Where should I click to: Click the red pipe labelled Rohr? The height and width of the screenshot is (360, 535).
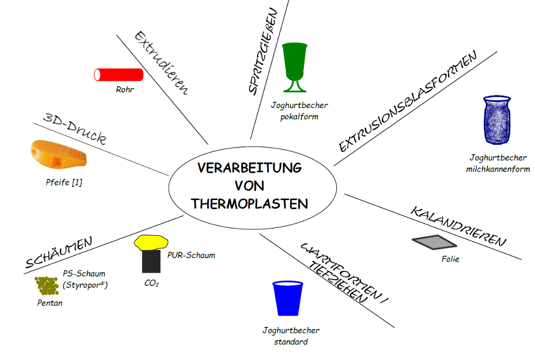[119, 75]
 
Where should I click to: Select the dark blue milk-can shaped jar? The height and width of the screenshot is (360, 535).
[497, 120]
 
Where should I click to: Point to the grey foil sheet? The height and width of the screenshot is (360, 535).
[435, 242]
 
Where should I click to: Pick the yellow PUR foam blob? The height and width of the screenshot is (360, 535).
[151, 242]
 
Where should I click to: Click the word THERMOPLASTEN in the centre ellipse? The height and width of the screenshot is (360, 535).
[250, 204]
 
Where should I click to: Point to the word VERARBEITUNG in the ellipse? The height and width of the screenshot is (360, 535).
[250, 168]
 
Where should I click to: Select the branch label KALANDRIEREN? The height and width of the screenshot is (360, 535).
[458, 226]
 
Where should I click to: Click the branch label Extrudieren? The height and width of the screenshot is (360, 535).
[161, 63]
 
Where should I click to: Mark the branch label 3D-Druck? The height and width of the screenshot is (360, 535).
[74, 128]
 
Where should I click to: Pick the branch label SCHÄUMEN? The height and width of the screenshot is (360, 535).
[58, 254]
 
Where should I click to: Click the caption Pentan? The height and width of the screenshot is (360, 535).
[50, 303]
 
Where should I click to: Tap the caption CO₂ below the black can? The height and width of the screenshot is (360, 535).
[151, 284]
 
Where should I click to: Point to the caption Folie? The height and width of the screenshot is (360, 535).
[450, 259]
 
